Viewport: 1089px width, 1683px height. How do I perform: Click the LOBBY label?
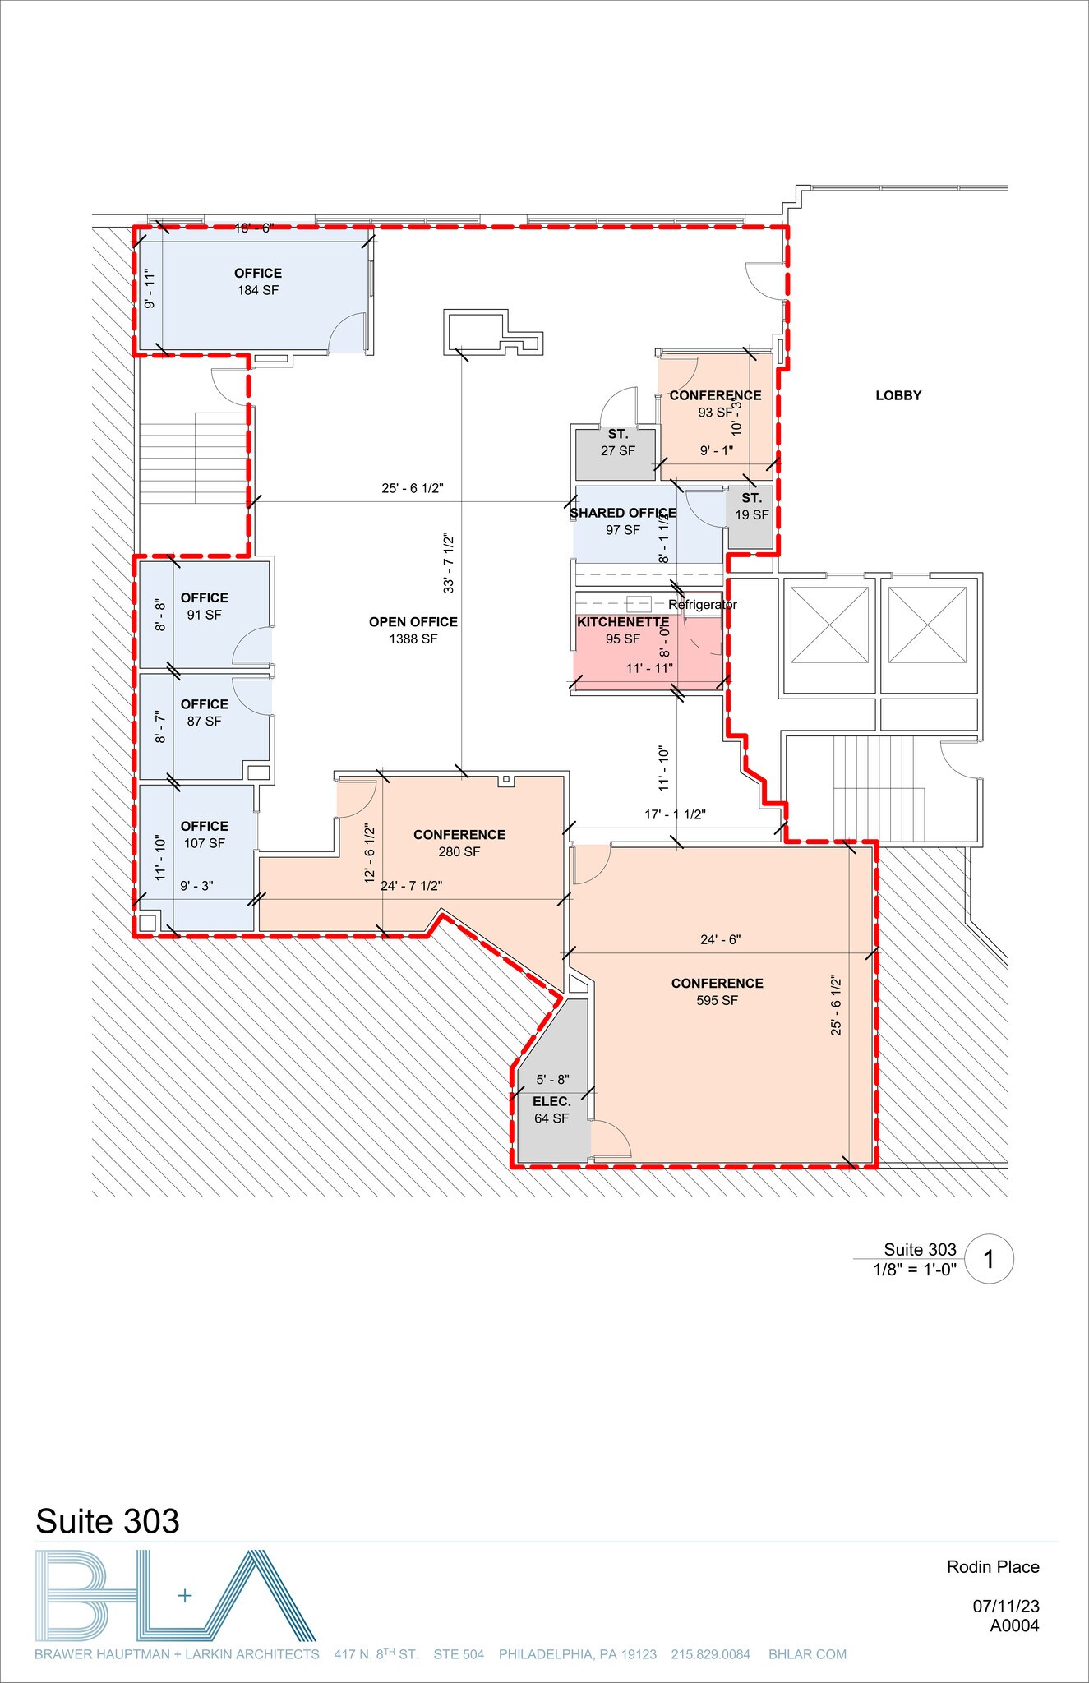coord(898,395)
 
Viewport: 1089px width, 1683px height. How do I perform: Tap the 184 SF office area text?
coord(258,290)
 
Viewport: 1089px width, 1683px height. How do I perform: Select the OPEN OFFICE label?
coord(413,622)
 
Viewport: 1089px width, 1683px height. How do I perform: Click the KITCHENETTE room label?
coord(623,622)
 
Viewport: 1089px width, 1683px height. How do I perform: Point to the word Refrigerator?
coord(703,605)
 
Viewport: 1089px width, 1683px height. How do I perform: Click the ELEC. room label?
coord(551,1101)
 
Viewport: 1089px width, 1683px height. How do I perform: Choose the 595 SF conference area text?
coord(717,1000)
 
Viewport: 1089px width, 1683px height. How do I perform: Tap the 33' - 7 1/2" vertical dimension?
coord(450,563)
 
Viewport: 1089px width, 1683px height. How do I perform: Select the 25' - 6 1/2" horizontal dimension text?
coord(413,488)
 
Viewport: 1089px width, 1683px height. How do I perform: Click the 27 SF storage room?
coord(617,451)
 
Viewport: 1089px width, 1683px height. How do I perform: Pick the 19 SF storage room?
coord(751,515)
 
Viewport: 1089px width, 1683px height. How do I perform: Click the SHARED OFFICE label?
coord(623,513)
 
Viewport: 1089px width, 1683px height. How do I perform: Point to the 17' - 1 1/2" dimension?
coord(675,814)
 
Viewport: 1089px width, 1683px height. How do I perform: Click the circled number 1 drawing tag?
coord(989,1259)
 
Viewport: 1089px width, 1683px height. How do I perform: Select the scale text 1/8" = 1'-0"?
coord(915,1270)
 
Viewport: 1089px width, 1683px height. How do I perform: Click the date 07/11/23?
coord(1006,1605)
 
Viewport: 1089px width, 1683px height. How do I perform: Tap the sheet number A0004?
coord(1014,1625)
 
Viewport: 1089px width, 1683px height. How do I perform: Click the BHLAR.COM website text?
coord(807,1654)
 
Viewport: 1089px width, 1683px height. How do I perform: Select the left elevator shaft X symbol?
coord(829,625)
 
